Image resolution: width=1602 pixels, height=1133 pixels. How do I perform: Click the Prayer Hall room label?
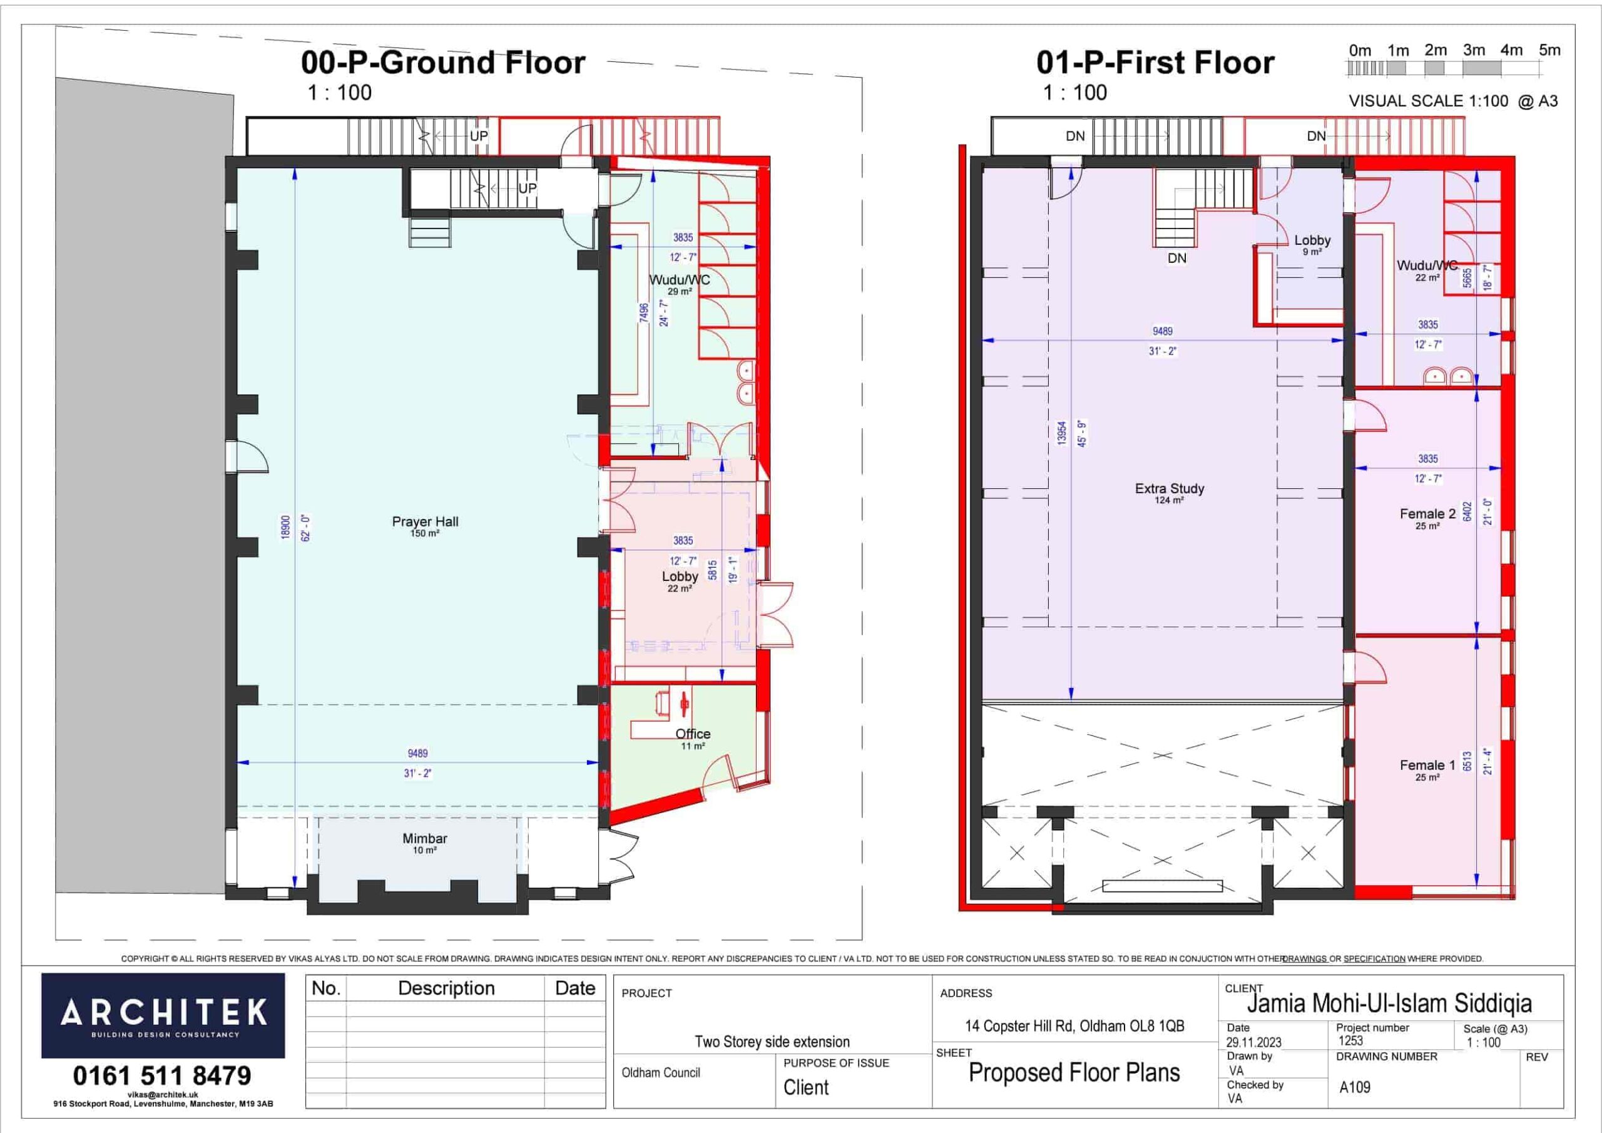pyautogui.click(x=425, y=521)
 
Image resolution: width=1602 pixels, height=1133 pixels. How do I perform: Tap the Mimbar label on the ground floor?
pyautogui.click(x=424, y=838)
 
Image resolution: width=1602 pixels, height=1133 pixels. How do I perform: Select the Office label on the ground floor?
pyautogui.click(x=693, y=734)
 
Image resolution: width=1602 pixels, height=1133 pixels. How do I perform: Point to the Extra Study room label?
pyautogui.click(x=1170, y=489)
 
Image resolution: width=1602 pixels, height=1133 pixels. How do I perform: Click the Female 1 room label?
pyautogui.click(x=1427, y=765)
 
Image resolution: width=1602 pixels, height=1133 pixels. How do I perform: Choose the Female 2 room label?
pyautogui.click(x=1427, y=514)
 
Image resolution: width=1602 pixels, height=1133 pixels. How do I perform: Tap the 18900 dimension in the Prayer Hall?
pyautogui.click(x=285, y=527)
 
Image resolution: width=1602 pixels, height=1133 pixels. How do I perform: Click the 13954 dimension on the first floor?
pyautogui.click(x=1062, y=433)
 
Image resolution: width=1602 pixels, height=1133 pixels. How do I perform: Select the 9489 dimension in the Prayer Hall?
pyautogui.click(x=418, y=753)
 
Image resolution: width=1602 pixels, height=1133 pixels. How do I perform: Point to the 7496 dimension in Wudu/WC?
pyautogui.click(x=644, y=313)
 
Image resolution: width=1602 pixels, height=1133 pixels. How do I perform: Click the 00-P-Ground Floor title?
pyautogui.click(x=443, y=63)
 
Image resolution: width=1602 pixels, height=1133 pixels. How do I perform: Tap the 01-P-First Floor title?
pyautogui.click(x=1155, y=63)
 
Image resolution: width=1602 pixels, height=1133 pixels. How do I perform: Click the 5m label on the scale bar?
pyautogui.click(x=1549, y=50)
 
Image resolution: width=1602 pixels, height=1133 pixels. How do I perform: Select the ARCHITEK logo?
pyautogui.click(x=163, y=1016)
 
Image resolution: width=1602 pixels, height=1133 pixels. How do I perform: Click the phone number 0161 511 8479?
pyautogui.click(x=162, y=1076)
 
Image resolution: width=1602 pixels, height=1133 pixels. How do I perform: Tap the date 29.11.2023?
pyautogui.click(x=1254, y=1042)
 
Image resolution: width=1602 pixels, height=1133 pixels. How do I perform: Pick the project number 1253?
pyautogui.click(x=1351, y=1040)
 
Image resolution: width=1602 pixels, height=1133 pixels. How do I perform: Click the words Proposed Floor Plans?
pyautogui.click(x=1074, y=1072)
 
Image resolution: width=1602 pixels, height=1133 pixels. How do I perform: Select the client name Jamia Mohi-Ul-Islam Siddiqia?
pyautogui.click(x=1389, y=1004)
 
